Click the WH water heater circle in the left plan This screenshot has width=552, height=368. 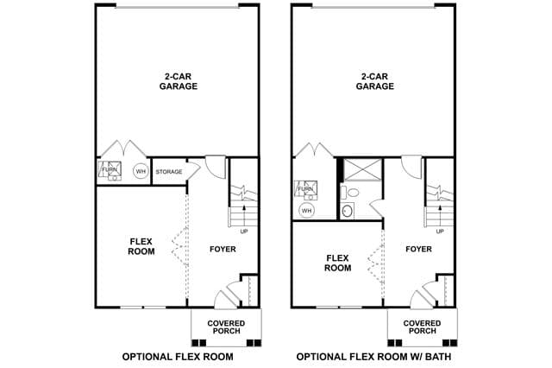pos(141,172)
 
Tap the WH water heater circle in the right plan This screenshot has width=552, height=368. pos(307,211)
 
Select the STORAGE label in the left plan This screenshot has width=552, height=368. pos(169,172)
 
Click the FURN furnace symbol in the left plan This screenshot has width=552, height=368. pos(110,170)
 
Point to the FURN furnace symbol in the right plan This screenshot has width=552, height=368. pos(305,190)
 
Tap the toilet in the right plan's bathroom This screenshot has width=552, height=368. pos(350,193)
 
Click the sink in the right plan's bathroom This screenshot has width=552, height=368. pos(348,211)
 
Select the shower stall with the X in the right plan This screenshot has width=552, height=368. pos(362,170)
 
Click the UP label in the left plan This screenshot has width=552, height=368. pos(244,232)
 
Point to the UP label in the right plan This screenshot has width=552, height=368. pos(440,232)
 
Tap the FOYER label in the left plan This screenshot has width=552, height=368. pos(223,249)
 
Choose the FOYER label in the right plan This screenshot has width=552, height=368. pos(418,249)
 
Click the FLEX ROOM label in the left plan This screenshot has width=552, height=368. pos(141,246)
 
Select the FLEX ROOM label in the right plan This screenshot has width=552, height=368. pos(337,263)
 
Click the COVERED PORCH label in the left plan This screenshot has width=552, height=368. pos(226,327)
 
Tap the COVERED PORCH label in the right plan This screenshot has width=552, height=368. pos(422,327)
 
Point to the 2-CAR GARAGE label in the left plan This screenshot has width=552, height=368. pos(179,81)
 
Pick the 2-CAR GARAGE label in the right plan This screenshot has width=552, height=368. pos(375,81)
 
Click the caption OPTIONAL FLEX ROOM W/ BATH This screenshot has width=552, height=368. pos(373,357)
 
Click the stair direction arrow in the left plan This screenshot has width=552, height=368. pos(244,215)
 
